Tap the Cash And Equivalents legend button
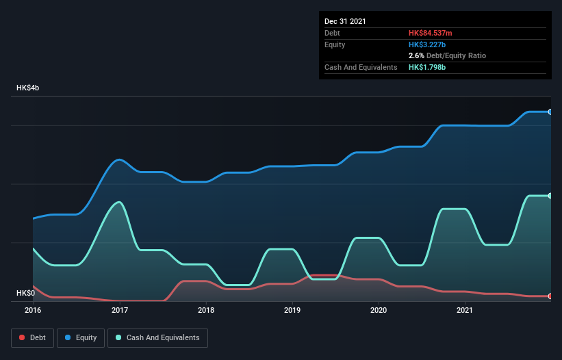[x=157, y=337]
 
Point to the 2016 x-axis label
[x=33, y=311]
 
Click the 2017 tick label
[x=120, y=311]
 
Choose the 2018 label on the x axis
[x=206, y=311]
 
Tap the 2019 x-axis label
[x=292, y=311]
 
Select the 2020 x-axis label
[x=379, y=311]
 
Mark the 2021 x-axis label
[x=465, y=311]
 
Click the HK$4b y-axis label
[x=28, y=88]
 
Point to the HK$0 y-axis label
[x=25, y=293]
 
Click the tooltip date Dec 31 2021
[x=345, y=21]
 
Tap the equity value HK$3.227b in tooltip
[x=428, y=44]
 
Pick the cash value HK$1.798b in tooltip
[x=428, y=67]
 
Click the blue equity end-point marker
[x=550, y=112]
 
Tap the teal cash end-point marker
[x=550, y=196]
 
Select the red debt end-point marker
[x=550, y=296]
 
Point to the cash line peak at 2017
[x=120, y=202]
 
